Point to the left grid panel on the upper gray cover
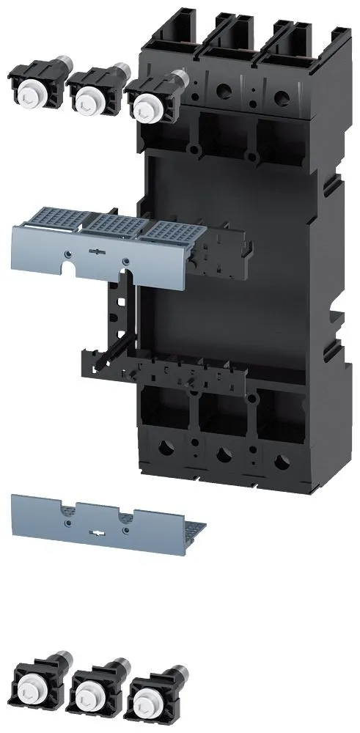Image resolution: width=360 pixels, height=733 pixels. pyautogui.click(x=52, y=221)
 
